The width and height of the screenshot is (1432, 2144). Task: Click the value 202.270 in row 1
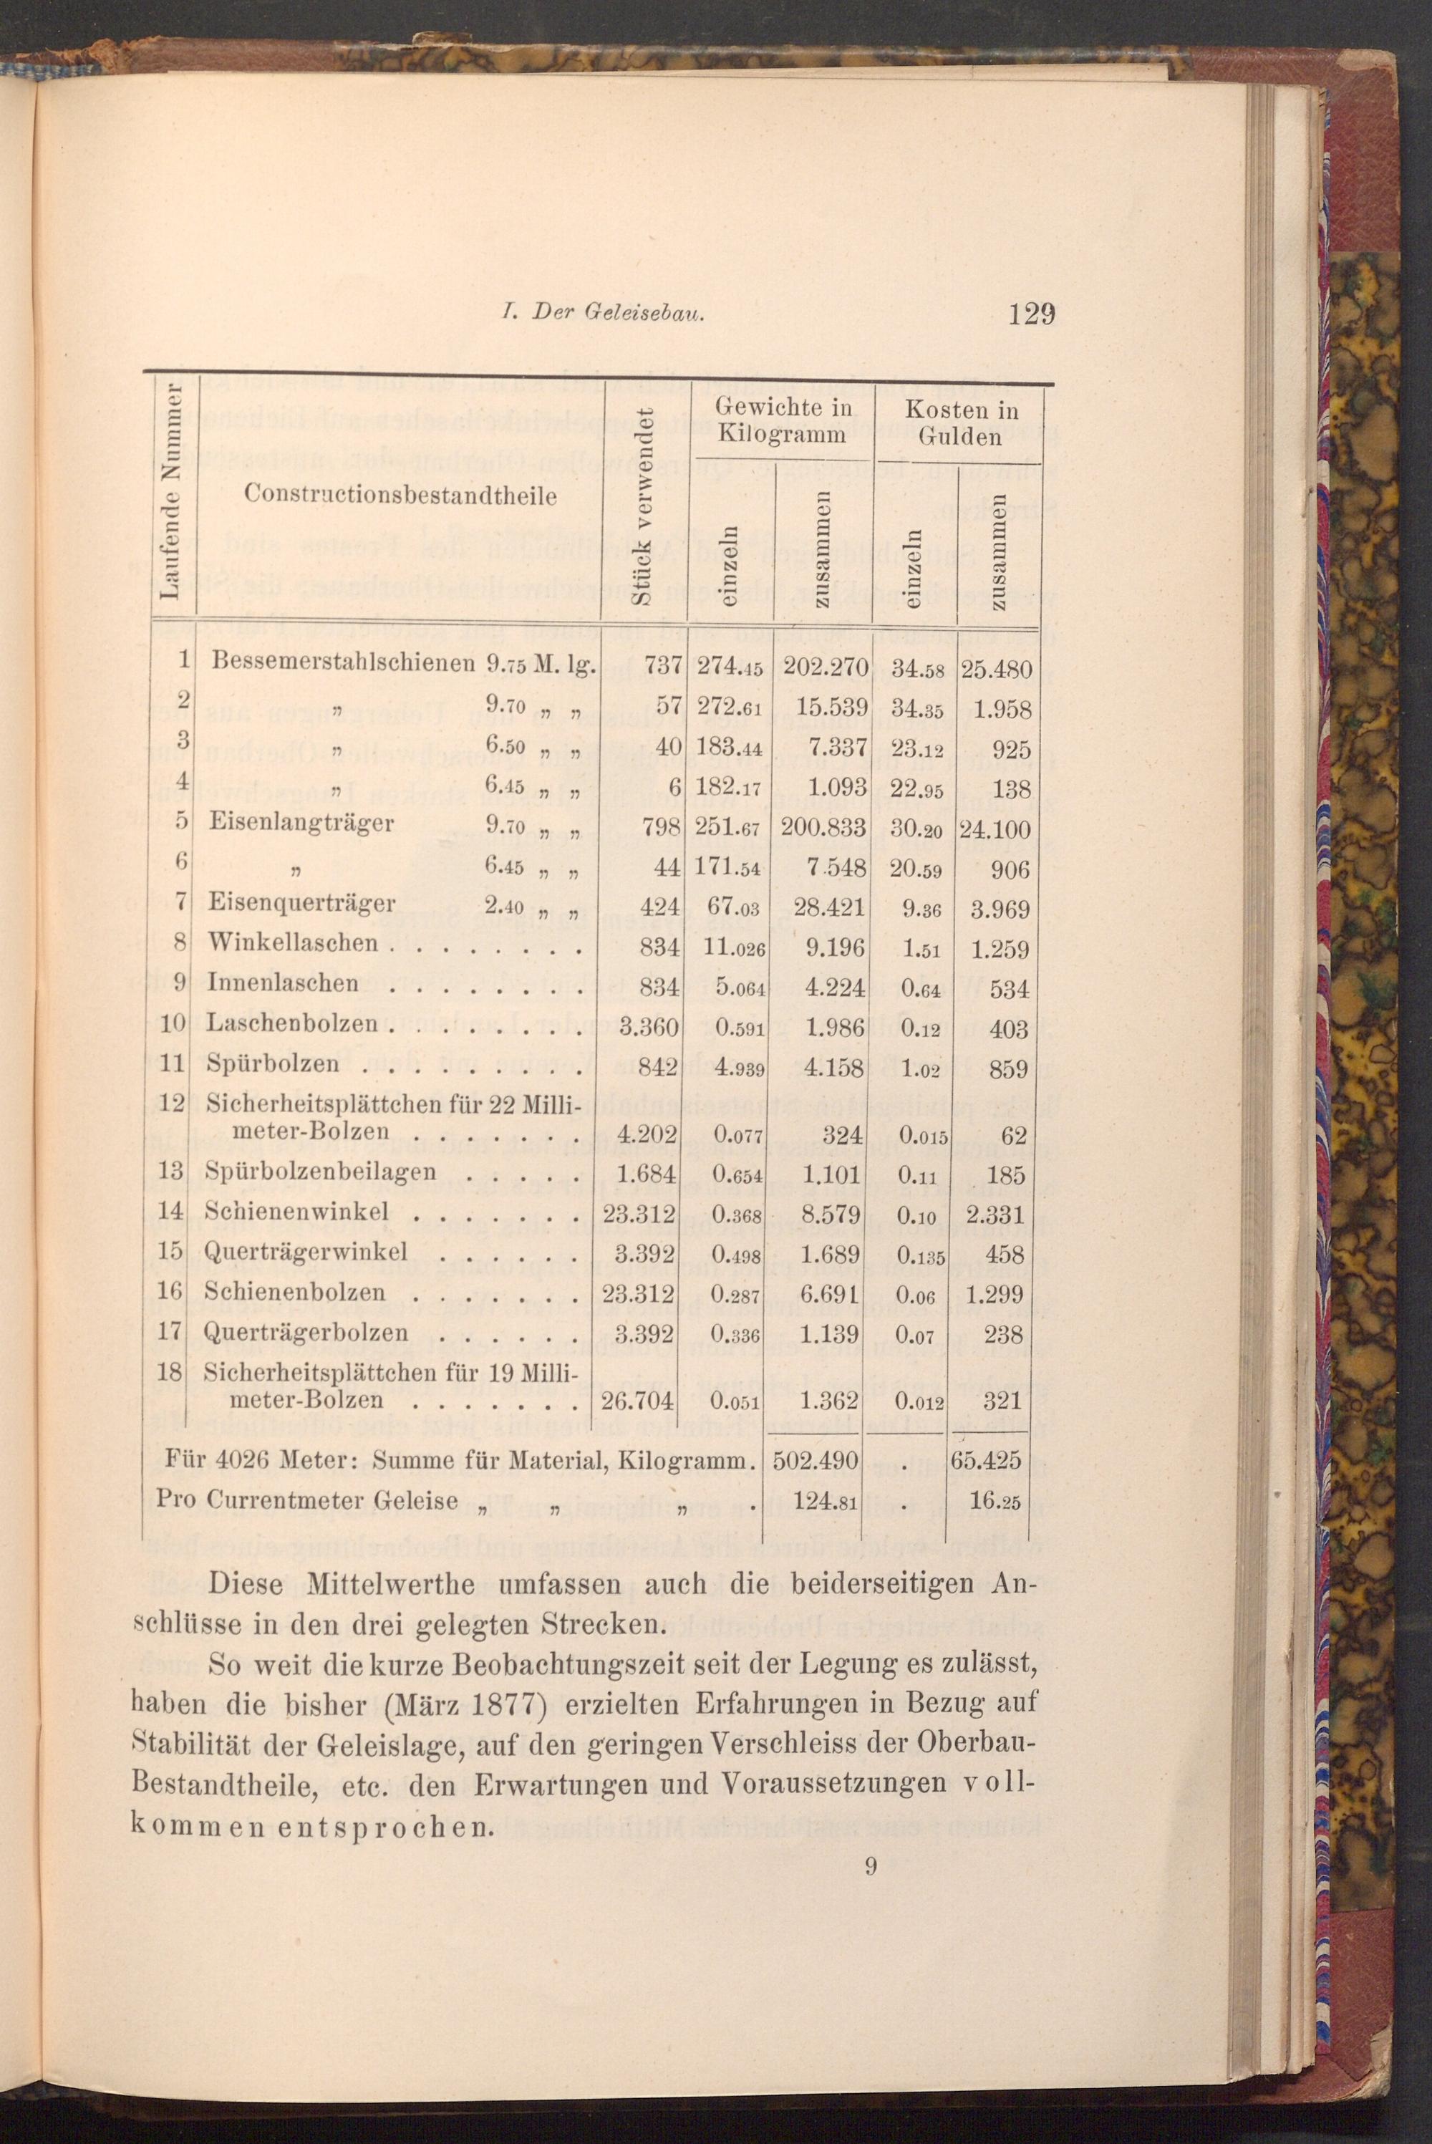pyautogui.click(x=819, y=667)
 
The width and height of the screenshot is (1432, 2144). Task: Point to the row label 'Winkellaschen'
pyautogui.click(x=292, y=942)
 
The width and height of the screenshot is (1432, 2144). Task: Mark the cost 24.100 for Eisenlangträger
pyautogui.click(x=995, y=830)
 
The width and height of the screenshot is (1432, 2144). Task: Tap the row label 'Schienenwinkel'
pyautogui.click(x=297, y=1212)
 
